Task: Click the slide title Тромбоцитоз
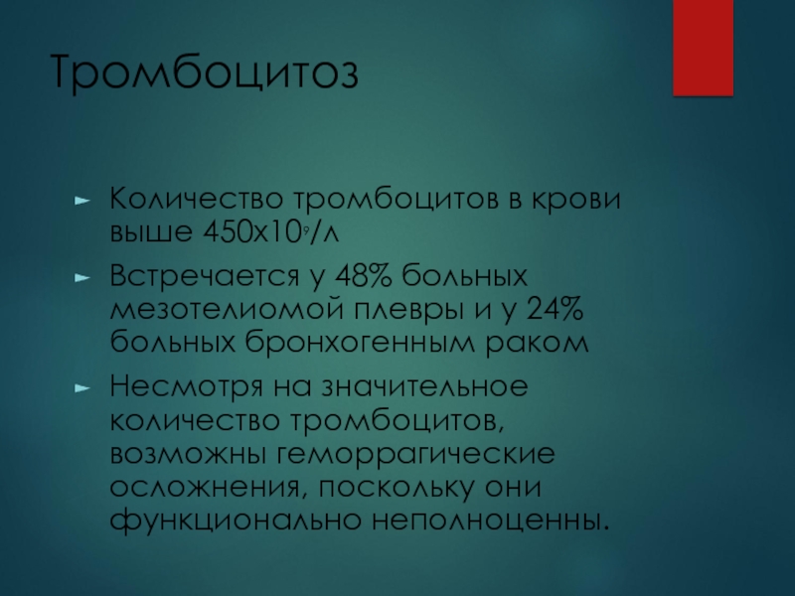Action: [x=205, y=72]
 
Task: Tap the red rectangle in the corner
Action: [x=704, y=48]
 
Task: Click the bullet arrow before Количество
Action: [x=82, y=201]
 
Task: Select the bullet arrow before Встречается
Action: [x=82, y=278]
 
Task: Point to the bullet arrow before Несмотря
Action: [x=82, y=388]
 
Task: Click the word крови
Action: [x=575, y=199]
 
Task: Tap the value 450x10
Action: [x=252, y=232]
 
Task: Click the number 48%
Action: [x=364, y=276]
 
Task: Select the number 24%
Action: [x=556, y=309]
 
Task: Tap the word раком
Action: [x=537, y=344]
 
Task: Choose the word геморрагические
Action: [x=415, y=455]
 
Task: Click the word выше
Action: [x=151, y=233]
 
